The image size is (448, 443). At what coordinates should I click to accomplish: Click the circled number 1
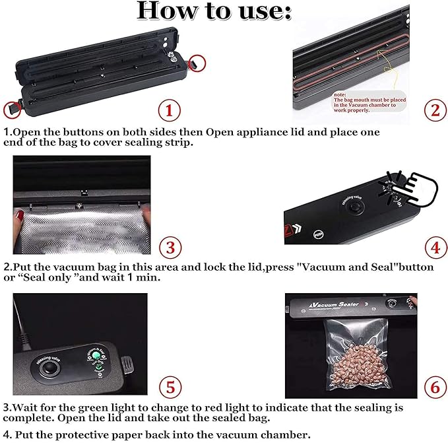point(170,108)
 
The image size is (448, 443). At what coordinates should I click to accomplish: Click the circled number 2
point(433,108)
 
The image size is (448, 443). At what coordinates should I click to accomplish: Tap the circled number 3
point(170,248)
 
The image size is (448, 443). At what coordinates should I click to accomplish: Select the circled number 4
point(433,248)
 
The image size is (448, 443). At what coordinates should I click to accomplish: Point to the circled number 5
point(170,386)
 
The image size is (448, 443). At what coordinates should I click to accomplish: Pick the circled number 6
point(433,386)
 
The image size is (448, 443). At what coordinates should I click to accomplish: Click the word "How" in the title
point(166,11)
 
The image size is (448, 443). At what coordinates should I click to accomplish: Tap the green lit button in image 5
point(97,358)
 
